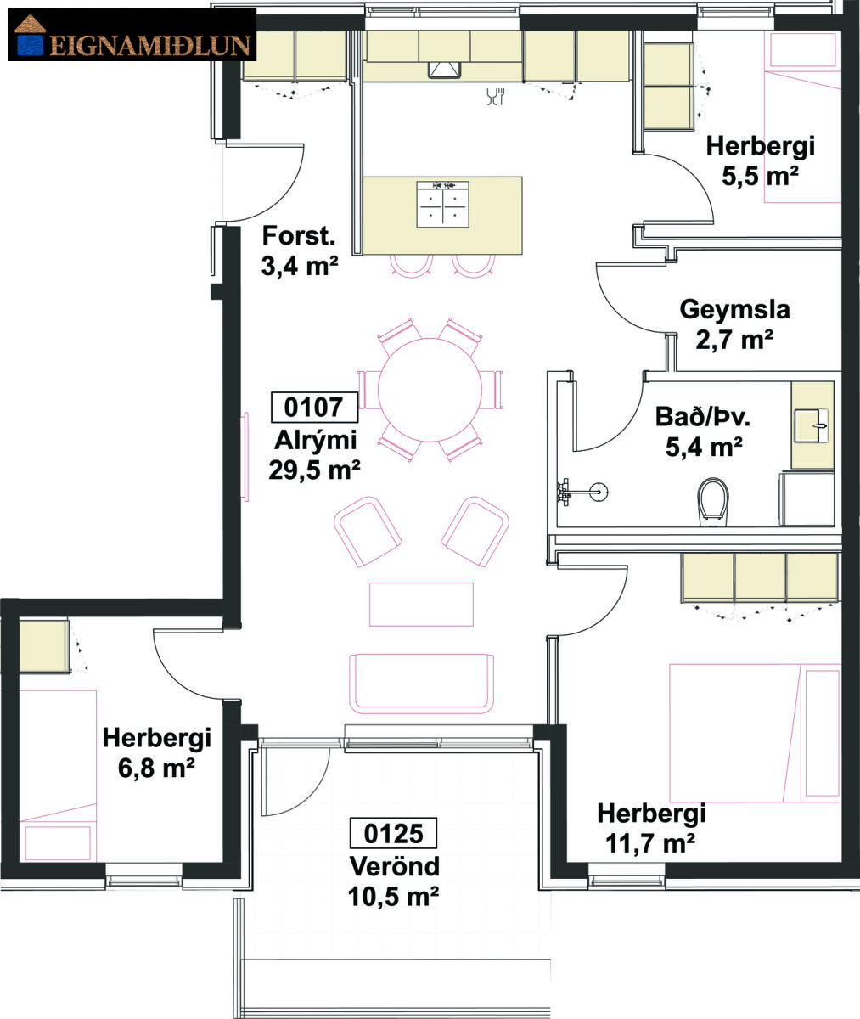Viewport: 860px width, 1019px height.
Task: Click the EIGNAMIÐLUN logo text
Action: tap(149, 45)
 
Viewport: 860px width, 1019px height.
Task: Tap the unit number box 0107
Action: tap(314, 407)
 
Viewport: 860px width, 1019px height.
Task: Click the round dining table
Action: tap(430, 390)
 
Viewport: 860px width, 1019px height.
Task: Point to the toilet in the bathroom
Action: tap(713, 502)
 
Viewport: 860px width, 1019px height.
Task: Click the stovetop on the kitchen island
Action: tap(442, 204)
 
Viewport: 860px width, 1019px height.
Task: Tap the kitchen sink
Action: tap(444, 69)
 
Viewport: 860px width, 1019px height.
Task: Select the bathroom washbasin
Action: tap(812, 425)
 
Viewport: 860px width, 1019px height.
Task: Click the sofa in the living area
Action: tap(422, 684)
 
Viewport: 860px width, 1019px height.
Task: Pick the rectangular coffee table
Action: tap(421, 604)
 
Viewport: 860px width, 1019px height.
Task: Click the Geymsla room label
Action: tap(734, 311)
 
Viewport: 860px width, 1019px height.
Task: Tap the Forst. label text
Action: tap(299, 236)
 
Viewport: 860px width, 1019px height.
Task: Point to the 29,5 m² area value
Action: tap(314, 470)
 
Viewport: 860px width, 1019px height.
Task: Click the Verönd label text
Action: tap(395, 865)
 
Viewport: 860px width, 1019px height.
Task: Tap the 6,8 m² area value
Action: tap(157, 768)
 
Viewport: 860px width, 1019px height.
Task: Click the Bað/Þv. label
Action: tap(703, 417)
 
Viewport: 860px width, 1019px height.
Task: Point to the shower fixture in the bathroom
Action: tap(583, 492)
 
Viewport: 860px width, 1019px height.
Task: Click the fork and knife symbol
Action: tap(496, 96)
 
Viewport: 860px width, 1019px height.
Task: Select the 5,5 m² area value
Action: tap(760, 176)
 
